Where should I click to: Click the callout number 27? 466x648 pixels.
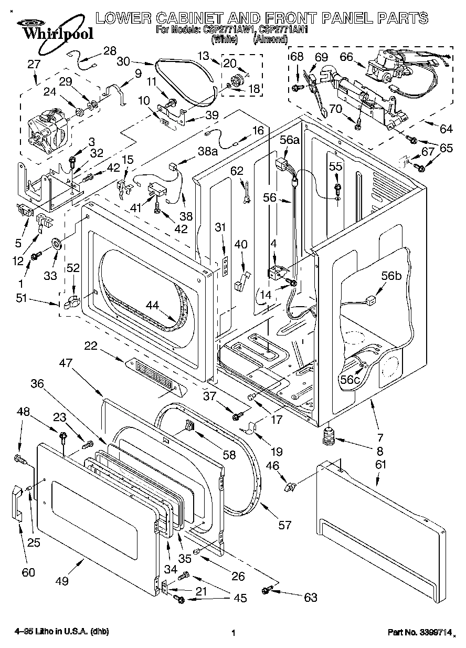(34, 65)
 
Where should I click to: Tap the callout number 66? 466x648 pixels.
(346, 57)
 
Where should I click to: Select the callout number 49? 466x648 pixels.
(62, 581)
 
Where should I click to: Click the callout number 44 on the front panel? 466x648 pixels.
(152, 304)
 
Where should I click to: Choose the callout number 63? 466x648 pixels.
(311, 597)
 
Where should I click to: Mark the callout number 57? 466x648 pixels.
(284, 525)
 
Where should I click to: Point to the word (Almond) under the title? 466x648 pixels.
(270, 39)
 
